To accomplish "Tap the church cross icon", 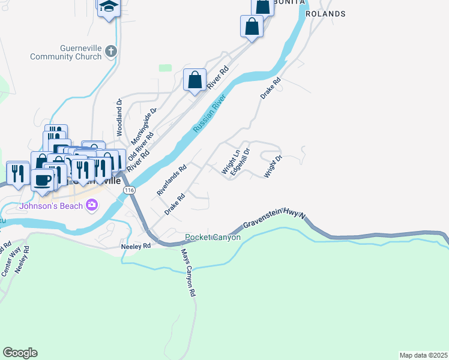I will (x=110, y=52).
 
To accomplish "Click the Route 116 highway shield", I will (x=128, y=190).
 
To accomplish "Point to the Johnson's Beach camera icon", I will (x=91, y=205).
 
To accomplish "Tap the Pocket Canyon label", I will (x=213, y=238).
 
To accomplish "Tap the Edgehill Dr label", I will (x=240, y=160).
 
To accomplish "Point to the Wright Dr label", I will (x=273, y=167).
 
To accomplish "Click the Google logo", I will (x=20, y=353).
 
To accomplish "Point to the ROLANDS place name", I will (x=325, y=13).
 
